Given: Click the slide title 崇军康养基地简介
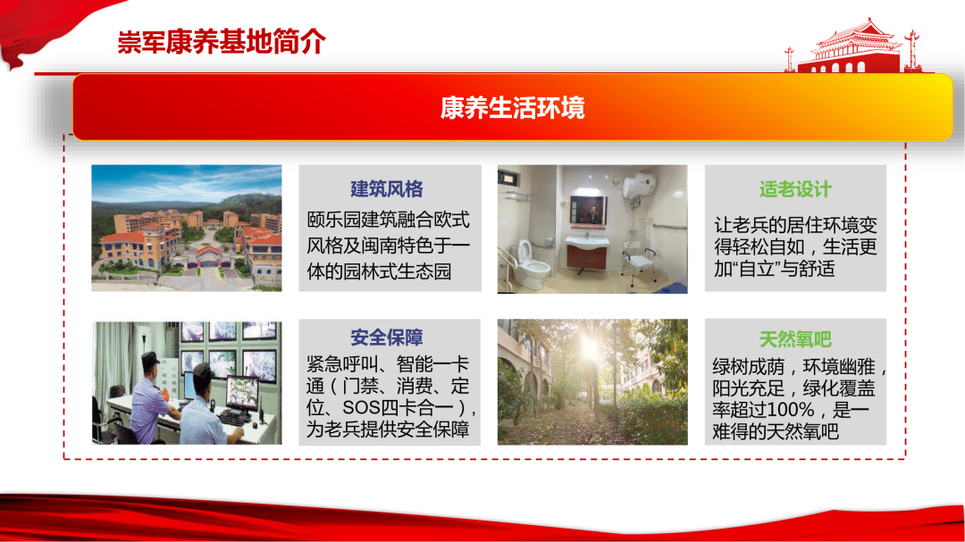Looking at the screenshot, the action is pos(222,42).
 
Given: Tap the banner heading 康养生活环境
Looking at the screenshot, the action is pos(512,108).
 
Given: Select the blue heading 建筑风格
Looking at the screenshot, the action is pos(387,189).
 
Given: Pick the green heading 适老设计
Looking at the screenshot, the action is pos(795,189).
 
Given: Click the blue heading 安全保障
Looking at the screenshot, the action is pos(387,338).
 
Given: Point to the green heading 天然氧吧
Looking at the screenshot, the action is pos(795,339).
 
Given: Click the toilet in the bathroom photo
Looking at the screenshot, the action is pos(533,264).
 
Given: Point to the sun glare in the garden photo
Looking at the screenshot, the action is pos(590,348).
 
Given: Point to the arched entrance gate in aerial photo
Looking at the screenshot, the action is pos(208,256).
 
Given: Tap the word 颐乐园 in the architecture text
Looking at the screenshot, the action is pos(334,220).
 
